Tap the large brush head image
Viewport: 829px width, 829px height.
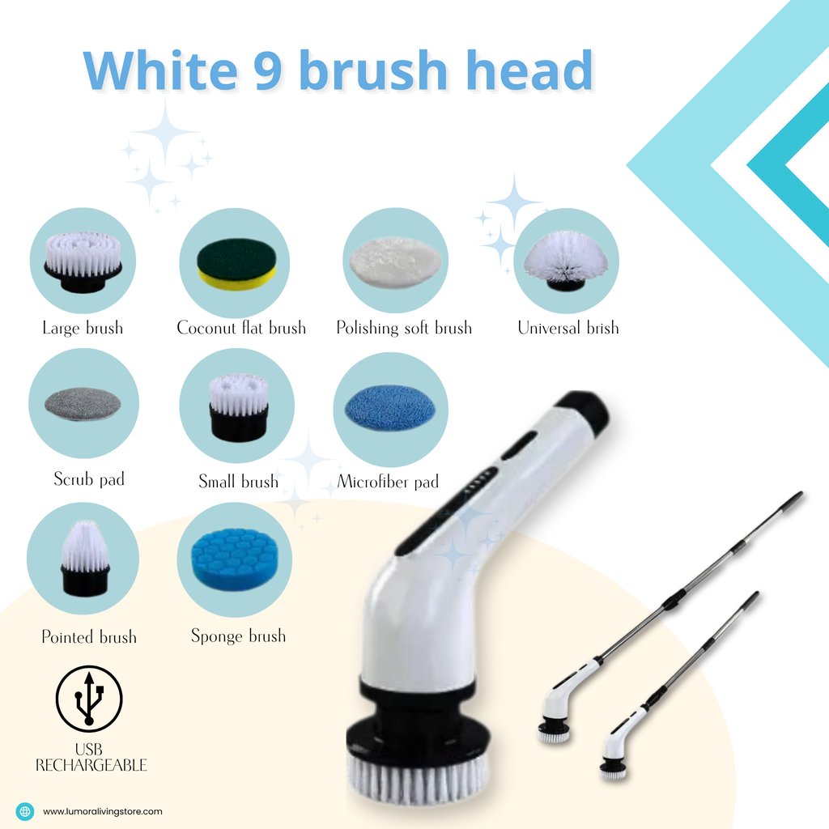pos(83,261)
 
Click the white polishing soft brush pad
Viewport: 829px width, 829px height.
pos(395,261)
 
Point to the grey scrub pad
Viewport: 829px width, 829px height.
pos(83,403)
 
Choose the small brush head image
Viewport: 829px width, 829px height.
pos(238,406)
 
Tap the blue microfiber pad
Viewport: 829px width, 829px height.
pos(389,406)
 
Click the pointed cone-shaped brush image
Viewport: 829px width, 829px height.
pos(84,558)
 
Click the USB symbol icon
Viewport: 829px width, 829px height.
pos(88,699)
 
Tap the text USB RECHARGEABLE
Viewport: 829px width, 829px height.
pos(91,757)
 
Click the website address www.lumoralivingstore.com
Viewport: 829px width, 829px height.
pos(103,811)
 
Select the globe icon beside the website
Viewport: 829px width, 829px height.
pos(25,811)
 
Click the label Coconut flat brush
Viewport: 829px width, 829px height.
pos(241,328)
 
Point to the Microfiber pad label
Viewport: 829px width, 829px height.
pos(388,482)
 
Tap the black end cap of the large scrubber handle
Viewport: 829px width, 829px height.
pos(585,410)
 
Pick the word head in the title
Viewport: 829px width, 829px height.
pos(522,71)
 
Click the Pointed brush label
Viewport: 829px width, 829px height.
pos(89,637)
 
